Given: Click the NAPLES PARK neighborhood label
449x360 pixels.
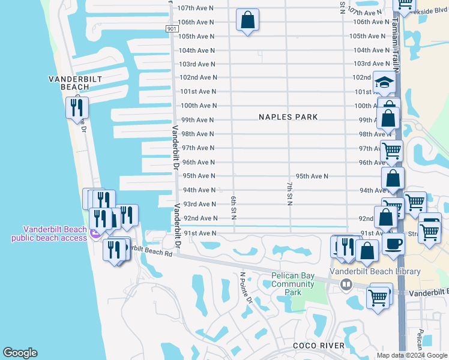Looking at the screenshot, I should coord(288,117).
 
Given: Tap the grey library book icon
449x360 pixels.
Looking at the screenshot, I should coord(346,285).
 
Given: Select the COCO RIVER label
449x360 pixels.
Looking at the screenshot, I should coord(319,346).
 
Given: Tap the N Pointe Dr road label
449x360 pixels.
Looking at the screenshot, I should coord(247,290).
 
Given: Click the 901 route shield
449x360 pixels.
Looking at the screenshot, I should coord(172,29).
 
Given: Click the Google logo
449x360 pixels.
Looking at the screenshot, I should coord(20,353).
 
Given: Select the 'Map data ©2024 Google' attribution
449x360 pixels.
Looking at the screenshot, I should coord(412,355).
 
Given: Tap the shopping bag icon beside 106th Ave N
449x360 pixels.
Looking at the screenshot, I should coord(247,20).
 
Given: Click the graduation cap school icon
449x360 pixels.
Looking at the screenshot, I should coord(384,83).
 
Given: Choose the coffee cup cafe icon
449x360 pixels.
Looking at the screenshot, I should coord(393,244).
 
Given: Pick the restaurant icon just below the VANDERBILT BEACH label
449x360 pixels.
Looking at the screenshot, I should coord(77,107).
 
